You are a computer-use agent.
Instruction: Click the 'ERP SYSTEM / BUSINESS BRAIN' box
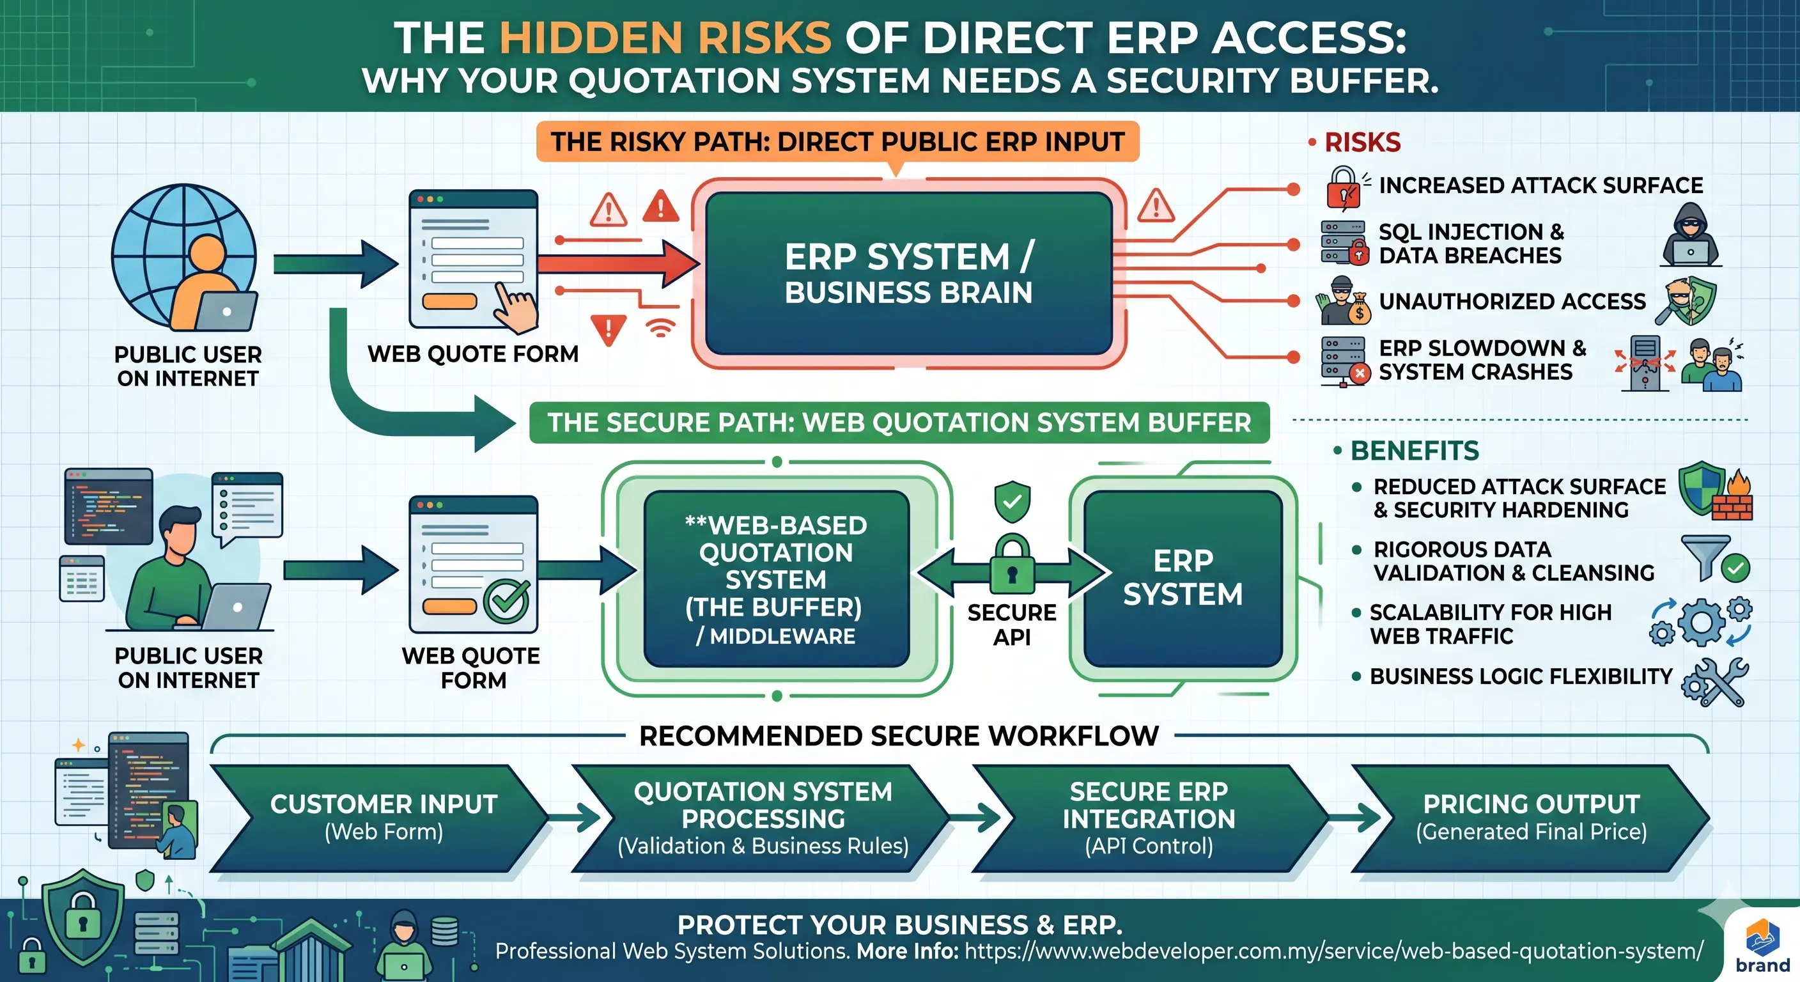[x=908, y=274]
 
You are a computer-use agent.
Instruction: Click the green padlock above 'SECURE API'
[x=1012, y=565]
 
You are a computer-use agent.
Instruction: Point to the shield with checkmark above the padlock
[x=1012, y=501]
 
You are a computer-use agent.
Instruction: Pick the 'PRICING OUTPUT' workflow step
[x=1530, y=817]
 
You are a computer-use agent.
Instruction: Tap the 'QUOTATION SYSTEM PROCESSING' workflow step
[x=763, y=817]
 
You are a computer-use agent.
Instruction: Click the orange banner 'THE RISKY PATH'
[x=837, y=142]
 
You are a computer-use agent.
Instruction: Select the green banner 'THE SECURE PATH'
[x=899, y=422]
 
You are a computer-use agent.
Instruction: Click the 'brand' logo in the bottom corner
[x=1762, y=947]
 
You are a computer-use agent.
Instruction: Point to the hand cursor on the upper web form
[x=515, y=308]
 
